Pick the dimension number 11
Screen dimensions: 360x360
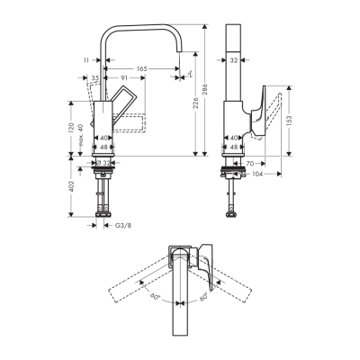(86, 59)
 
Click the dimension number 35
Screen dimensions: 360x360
(94, 79)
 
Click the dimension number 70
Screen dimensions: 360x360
(251, 163)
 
